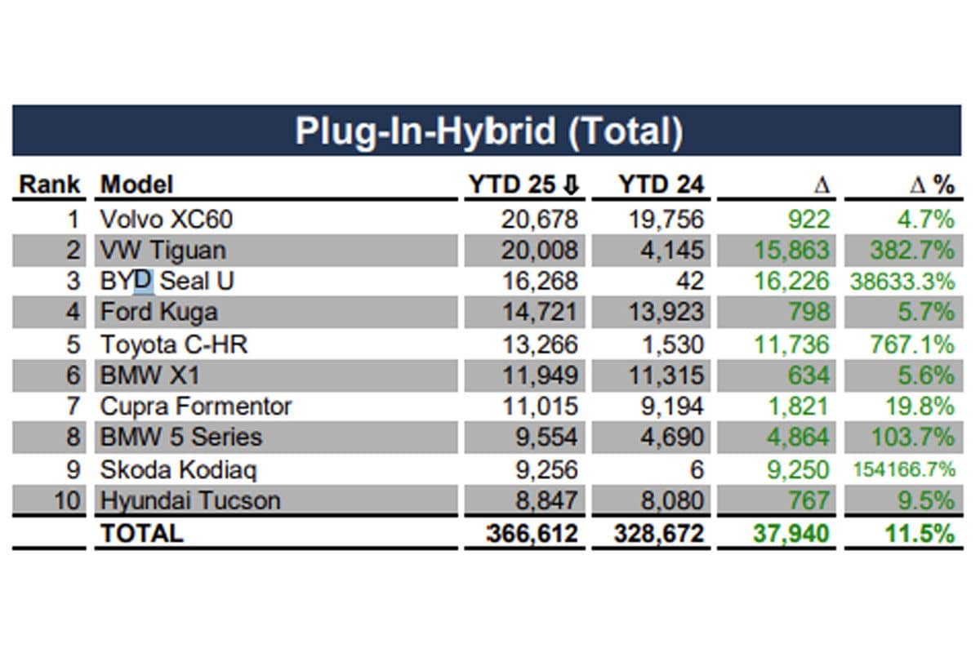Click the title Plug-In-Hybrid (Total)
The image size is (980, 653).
coord(488,131)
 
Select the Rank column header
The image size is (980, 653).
coord(50,184)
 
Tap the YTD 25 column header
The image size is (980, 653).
coord(523,184)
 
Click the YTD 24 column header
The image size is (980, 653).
coord(660,184)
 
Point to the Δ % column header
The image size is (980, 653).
coord(931,185)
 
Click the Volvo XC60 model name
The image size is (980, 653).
coord(166,219)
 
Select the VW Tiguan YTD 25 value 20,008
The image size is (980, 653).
coord(539,250)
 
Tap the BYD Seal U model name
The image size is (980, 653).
coord(167,281)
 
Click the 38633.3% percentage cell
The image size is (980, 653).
coord(902,282)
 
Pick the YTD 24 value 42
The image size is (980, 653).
coord(689,281)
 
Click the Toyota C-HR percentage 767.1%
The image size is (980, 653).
coord(911,344)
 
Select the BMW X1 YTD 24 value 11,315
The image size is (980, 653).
coord(660,375)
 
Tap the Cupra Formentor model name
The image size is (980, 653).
coord(195,406)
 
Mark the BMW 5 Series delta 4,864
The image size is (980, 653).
coord(797,438)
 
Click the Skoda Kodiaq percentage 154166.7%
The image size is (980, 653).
coord(904,469)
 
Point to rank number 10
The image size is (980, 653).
coord(68,500)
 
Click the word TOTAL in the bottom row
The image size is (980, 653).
coord(141,533)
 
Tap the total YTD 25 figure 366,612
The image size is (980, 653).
coord(532,534)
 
